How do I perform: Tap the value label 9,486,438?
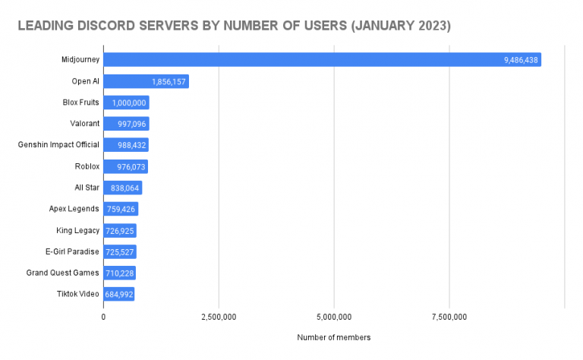pyautogui.click(x=521, y=59)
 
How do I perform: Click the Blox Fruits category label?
pyautogui.click(x=80, y=103)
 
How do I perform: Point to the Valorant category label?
pyautogui.click(x=84, y=124)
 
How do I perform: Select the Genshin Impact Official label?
pyautogui.click(x=58, y=145)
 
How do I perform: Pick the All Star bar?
pyautogui.click(x=122, y=188)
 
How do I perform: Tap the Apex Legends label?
pyautogui.click(x=74, y=209)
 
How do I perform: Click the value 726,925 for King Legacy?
pyautogui.click(x=119, y=230)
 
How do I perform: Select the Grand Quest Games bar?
pyautogui.click(x=119, y=273)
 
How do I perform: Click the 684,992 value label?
pyautogui.click(x=118, y=294)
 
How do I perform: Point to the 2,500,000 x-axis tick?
pyautogui.click(x=219, y=316)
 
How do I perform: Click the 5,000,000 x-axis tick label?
pyautogui.click(x=334, y=316)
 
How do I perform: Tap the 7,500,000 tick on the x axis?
pyautogui.click(x=449, y=316)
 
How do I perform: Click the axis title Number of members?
pyautogui.click(x=334, y=337)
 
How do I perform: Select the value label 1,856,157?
pyautogui.click(x=168, y=81)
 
